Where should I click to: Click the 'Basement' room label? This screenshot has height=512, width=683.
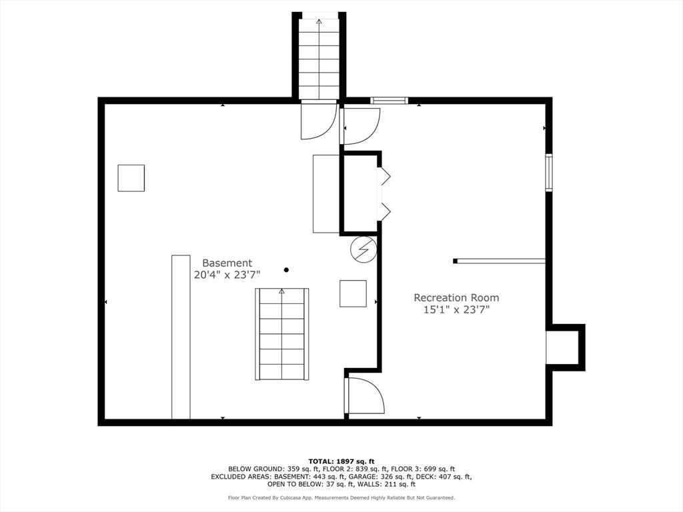pos(227,263)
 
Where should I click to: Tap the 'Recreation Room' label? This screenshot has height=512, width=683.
pos(456,298)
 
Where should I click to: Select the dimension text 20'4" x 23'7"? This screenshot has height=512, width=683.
pos(227,275)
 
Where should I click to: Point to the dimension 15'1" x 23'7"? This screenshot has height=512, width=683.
pos(456,309)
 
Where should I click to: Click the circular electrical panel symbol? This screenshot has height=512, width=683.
pos(364,249)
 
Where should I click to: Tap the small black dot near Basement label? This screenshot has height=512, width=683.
pos(286,270)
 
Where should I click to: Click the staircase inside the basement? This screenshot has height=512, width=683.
pos(282,334)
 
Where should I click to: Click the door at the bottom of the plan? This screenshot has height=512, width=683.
pos(364,396)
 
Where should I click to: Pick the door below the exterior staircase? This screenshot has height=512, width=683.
pos(317,120)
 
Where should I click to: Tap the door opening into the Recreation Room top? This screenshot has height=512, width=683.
pos(360,126)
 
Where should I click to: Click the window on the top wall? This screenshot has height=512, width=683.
pos(389,101)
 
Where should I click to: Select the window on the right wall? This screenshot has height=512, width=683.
pos(549,173)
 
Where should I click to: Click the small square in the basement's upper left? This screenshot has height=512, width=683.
pos(131,178)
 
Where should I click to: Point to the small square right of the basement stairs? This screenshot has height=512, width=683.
pos(353,293)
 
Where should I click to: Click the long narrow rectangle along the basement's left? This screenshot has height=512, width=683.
pos(181,337)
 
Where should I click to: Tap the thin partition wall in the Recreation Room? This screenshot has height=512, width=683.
pos(500,261)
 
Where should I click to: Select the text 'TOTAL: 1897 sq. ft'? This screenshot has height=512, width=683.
pos(341,461)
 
